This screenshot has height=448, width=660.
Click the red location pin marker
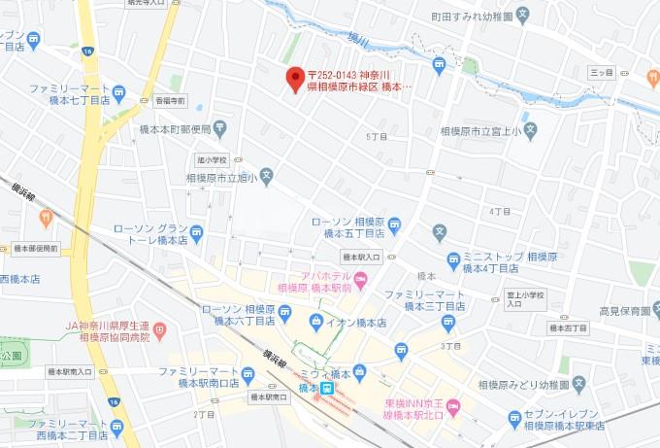[295, 80]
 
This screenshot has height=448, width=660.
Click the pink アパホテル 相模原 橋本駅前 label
[315, 281]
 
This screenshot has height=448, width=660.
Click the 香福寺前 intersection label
[170, 100]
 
